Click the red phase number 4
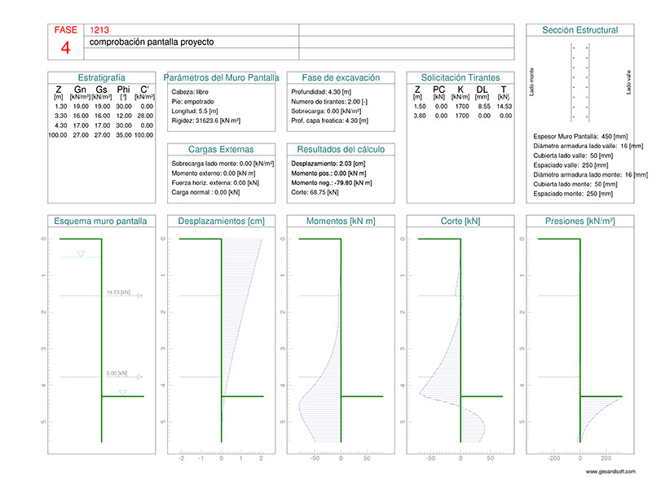pos(65,48)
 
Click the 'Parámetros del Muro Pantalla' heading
pos(221,77)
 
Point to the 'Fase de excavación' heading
pos(341,77)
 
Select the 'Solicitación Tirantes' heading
pos(460,77)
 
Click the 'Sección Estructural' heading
pos(579,30)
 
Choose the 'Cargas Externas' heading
pos(221,149)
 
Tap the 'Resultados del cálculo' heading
pos(341,149)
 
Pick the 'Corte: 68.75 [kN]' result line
pos(313,193)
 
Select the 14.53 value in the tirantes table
pos(504,107)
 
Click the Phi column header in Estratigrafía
pos(123,90)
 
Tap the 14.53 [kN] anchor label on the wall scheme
pos(119,291)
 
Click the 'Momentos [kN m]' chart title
pos(341,221)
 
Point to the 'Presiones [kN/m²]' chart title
pos(579,221)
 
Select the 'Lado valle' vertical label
pos(629,81)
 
